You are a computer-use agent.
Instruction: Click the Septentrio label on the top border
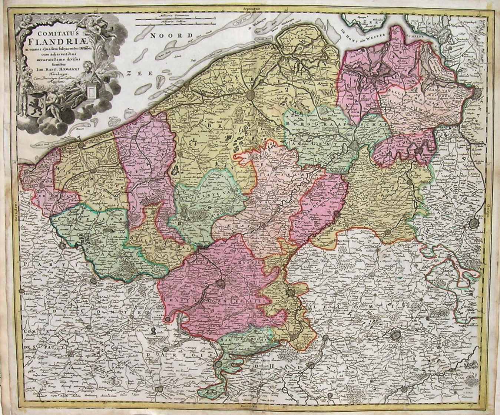pyautogui.click(x=250, y=7)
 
